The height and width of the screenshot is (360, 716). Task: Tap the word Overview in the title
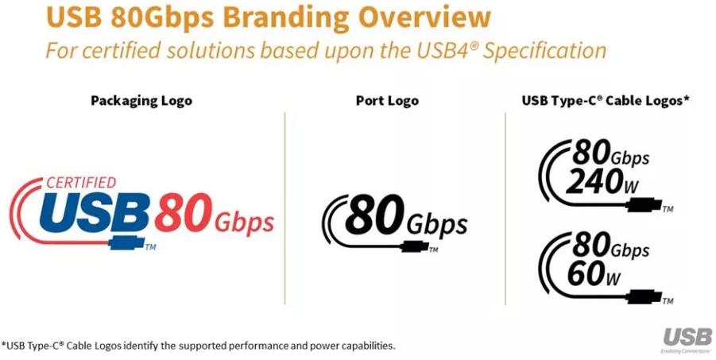point(417,17)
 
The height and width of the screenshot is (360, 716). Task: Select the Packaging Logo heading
point(141,101)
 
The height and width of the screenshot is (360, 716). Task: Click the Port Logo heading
point(387,101)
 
